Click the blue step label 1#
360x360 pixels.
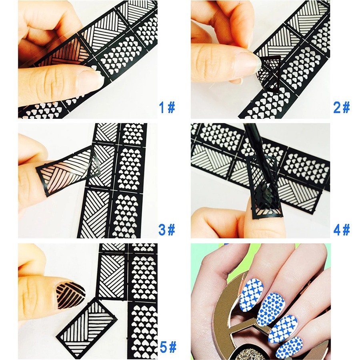[167, 108]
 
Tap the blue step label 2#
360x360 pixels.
[342, 108]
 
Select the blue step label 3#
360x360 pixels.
[167, 230]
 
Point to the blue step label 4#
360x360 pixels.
[342, 230]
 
